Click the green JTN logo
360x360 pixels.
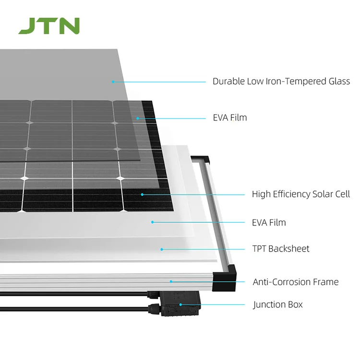pos(49,26)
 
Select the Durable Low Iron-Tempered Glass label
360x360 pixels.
pos(281,81)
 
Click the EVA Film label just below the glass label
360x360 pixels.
pos(229,117)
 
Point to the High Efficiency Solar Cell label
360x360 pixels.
pos(301,194)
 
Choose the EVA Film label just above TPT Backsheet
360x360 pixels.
pos(269,222)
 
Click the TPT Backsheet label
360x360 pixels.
pos(281,249)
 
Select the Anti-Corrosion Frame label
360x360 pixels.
pos(296,282)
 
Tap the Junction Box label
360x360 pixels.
pos(278,304)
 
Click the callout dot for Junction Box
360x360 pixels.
pos(180,304)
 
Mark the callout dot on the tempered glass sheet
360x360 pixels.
pos(113,82)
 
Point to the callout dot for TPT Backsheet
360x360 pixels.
pos(162,249)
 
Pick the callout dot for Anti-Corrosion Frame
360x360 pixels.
pos(170,282)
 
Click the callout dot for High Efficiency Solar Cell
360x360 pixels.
pos(142,194)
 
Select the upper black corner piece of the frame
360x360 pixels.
pos(201,160)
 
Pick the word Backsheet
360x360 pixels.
pos(289,249)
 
